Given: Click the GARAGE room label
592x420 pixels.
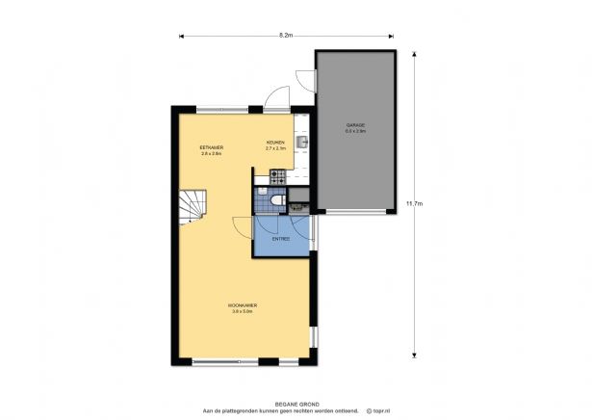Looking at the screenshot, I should click(x=356, y=126).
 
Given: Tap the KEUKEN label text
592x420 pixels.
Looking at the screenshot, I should click(x=276, y=143).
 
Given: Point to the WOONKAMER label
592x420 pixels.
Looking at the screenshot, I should click(x=242, y=304).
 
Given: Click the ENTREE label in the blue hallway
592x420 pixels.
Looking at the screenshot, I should click(x=281, y=238).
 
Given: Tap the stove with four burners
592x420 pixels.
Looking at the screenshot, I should click(x=277, y=176).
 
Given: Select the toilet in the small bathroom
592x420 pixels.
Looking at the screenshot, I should click(x=276, y=199).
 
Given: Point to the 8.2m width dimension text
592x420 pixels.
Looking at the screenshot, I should click(x=286, y=36).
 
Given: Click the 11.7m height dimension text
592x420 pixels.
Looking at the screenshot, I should click(x=414, y=203).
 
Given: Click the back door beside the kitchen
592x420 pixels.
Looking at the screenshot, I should click(x=276, y=97).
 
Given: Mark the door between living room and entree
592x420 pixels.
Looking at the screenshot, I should click(x=242, y=226).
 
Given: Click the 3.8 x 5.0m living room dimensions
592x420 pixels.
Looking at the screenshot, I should click(x=242, y=310).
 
